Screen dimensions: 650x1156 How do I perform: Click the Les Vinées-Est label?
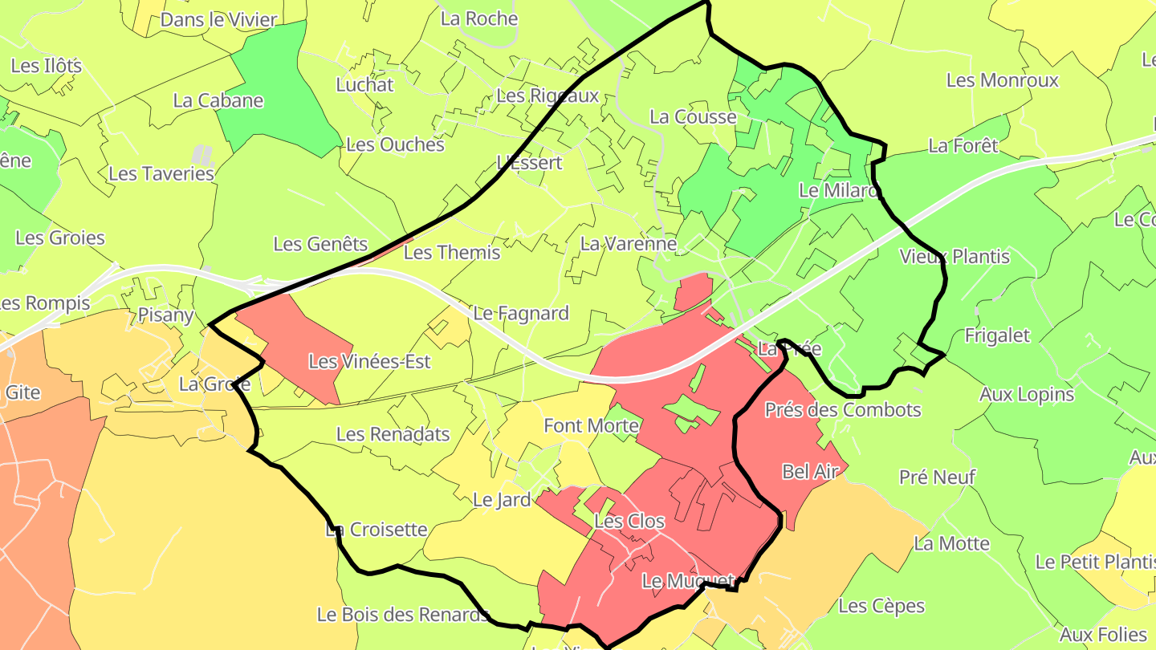369,362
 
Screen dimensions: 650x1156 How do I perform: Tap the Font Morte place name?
591,425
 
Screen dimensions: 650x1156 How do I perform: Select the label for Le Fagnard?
521,313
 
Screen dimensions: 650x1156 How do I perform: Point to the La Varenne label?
629,243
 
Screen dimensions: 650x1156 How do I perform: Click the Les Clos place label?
629,521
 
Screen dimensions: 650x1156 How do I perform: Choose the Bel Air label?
810,472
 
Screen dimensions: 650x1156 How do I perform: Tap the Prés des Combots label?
843,410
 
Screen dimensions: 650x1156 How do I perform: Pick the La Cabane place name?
218,100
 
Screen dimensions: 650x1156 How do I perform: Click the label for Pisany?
166,315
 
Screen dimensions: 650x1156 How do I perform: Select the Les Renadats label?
393,434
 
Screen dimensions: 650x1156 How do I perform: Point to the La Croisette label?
377,530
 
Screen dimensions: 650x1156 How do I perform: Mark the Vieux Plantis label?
955,257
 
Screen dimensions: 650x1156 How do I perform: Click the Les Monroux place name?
1002,80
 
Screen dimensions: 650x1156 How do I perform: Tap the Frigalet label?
996,335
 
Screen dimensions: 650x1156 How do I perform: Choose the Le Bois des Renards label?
403,615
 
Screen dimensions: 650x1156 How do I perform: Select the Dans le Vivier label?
219,20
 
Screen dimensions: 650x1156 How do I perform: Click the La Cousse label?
693,117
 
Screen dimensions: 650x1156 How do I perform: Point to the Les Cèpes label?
881,606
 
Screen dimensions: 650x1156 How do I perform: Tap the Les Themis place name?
452,253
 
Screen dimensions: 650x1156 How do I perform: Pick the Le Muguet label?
688,580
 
